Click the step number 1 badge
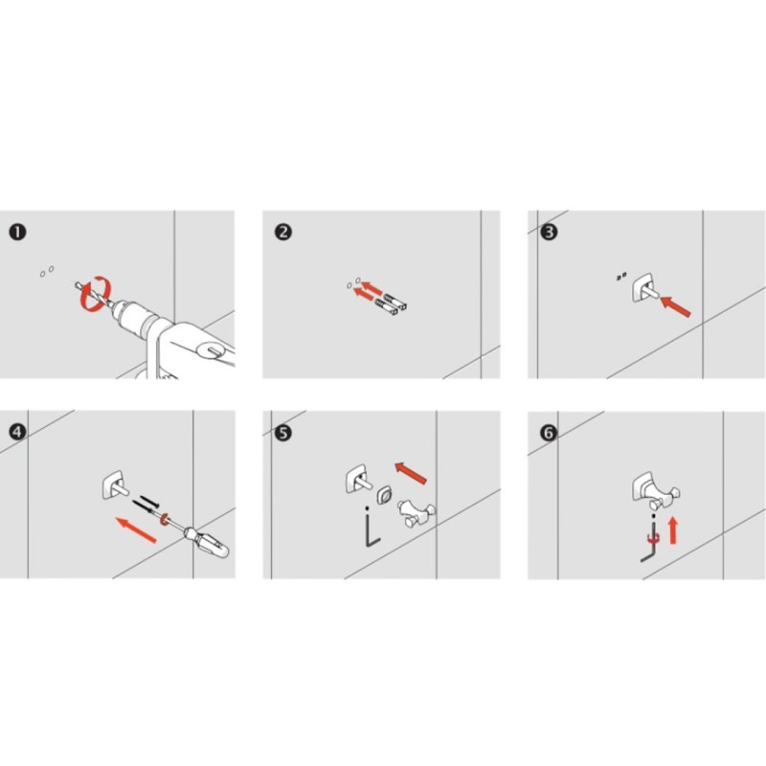pos(17,232)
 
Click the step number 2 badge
pos(283,232)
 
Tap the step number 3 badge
pos(549,232)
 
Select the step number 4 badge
pos(17,432)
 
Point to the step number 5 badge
pos(283,433)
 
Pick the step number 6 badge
pos(549,433)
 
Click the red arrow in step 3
pos(676,306)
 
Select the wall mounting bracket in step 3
pos(643,288)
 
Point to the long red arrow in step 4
pos(136,530)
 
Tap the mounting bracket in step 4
pos(114,485)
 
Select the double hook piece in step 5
pos(417,513)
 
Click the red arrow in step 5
pos(411,473)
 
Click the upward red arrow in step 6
pos(673,530)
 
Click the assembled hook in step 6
pos(655,491)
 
